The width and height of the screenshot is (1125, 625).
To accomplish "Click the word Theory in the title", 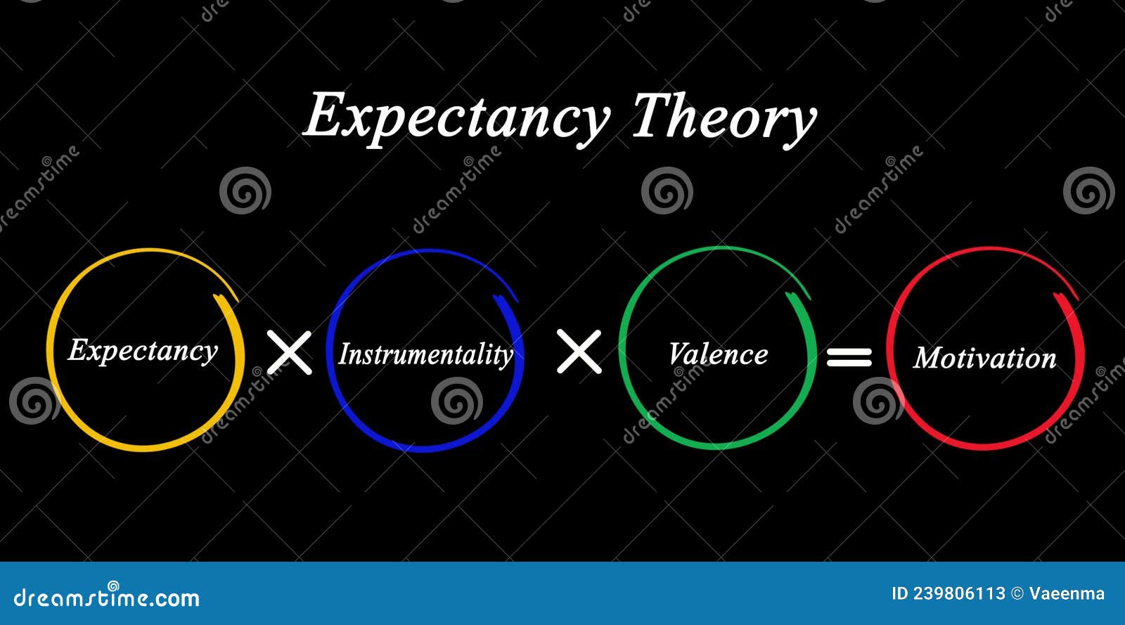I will coord(724,117).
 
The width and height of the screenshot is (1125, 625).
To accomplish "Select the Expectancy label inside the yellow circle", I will coord(143,351).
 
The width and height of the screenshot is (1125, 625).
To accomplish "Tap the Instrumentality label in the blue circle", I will coord(426,355).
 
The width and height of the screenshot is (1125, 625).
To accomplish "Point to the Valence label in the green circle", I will coord(718,354).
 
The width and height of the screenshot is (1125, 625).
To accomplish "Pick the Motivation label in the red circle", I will coord(984,358).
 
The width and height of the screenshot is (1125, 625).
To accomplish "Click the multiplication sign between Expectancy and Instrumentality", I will coord(289,353).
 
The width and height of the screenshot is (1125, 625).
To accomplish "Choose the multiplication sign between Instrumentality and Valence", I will coord(579,352).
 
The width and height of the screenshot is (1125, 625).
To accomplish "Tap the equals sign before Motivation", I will coord(849,357).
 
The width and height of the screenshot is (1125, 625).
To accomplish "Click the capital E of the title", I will coord(325,115).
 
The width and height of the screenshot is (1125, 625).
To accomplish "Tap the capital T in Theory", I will coord(652,114).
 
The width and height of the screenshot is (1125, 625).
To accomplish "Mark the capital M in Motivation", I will coord(930,358).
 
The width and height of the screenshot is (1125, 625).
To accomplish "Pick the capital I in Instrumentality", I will coord(345,354).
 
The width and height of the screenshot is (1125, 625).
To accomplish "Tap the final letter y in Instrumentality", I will coord(506,357).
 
